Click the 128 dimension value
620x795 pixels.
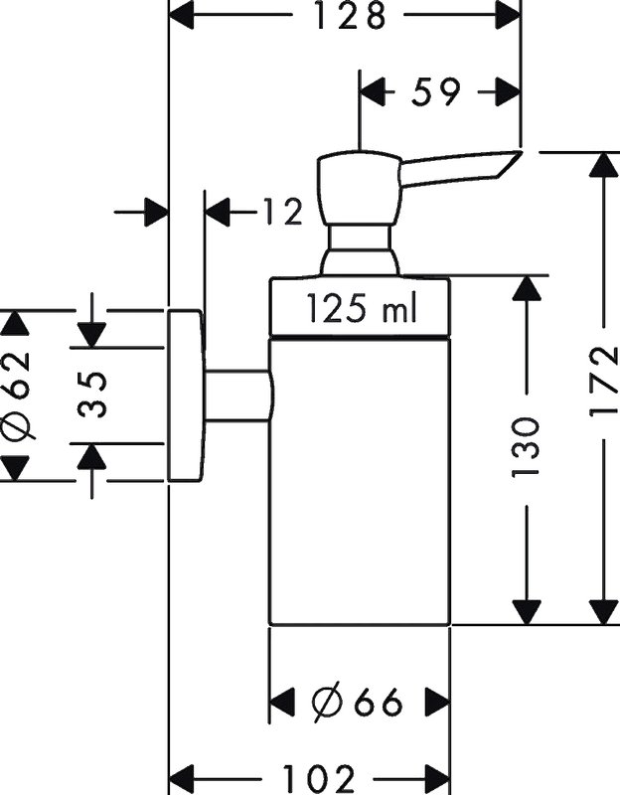(349, 15)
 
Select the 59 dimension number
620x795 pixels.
(435, 91)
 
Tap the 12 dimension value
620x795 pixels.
(283, 212)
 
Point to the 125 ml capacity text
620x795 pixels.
(362, 309)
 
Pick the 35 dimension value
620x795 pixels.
(92, 395)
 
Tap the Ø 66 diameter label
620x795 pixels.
(358, 703)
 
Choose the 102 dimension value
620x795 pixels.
(318, 779)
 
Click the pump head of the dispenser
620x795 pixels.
(359, 188)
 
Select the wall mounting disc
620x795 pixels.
(187, 395)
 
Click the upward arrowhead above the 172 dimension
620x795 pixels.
(604, 164)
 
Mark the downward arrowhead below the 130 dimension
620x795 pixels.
(526, 612)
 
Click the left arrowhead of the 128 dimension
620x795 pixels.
(182, 15)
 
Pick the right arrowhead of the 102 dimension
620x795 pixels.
(436, 779)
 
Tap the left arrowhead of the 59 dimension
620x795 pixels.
(373, 91)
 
